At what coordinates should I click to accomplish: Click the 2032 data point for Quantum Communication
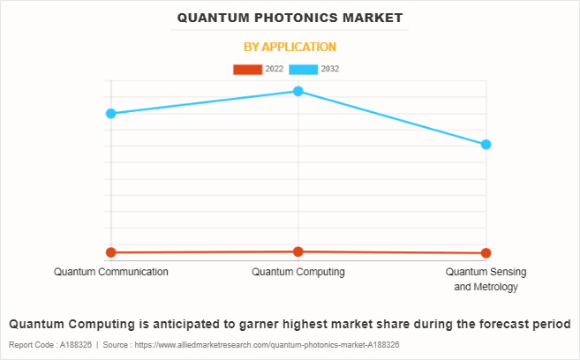click(111, 113)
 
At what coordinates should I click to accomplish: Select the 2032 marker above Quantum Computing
click(298, 91)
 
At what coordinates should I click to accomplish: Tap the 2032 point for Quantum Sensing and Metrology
click(486, 144)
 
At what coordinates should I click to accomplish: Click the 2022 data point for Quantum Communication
click(111, 252)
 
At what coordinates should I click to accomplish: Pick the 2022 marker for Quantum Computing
click(298, 251)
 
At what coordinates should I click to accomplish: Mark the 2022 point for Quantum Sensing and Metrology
click(486, 253)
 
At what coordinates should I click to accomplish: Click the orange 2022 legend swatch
click(247, 69)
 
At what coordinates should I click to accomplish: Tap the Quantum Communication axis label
click(111, 272)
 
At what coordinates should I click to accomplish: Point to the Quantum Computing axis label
click(298, 272)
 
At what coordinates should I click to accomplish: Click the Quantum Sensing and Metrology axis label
click(486, 279)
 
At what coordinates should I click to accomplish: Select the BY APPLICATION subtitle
click(290, 47)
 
